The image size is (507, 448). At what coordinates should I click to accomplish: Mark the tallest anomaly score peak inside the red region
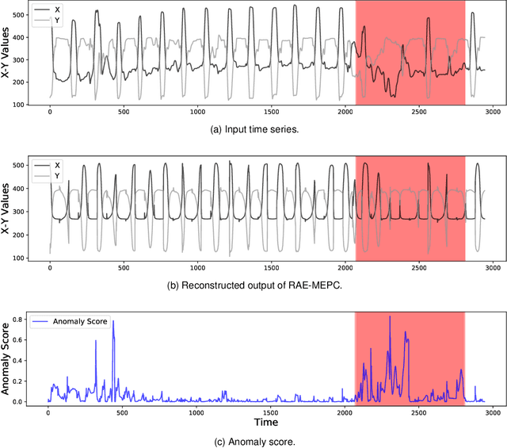389,317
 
